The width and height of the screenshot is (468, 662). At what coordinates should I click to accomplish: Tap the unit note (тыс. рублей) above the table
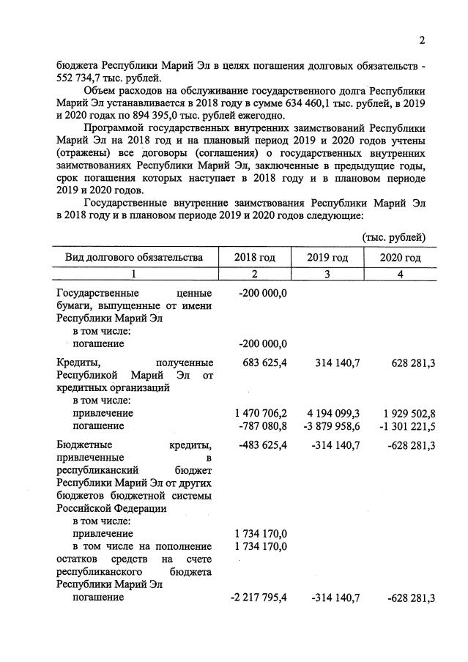[x=394, y=237]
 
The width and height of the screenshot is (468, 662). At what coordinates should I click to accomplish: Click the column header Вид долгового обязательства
[x=133, y=258]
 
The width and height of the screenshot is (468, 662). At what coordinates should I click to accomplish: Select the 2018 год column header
[x=254, y=258]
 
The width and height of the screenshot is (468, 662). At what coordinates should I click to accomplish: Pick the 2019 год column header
[x=327, y=258]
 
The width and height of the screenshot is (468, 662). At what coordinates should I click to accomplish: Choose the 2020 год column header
[x=400, y=258]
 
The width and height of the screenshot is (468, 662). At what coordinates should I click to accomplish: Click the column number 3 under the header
[x=327, y=274]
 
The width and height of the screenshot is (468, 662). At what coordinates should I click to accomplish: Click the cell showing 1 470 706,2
[x=259, y=413]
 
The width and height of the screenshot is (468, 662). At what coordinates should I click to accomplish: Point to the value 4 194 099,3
[x=332, y=413]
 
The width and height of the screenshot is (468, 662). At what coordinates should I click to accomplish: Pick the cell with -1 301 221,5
[x=403, y=425]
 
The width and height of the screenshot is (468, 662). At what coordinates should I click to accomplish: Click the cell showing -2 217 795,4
[x=259, y=598]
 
